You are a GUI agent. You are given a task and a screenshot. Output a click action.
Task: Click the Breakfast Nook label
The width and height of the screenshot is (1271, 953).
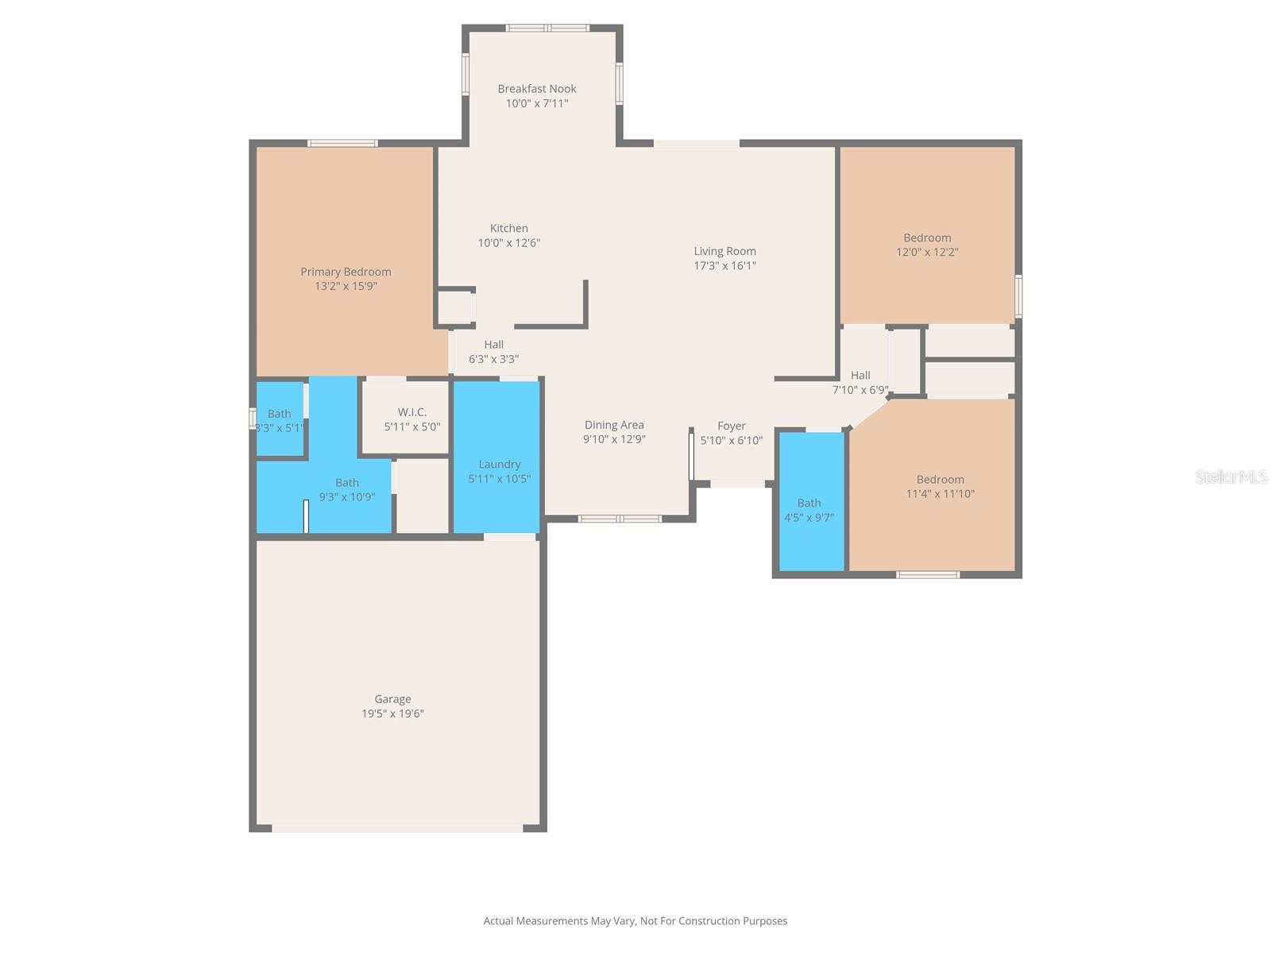tap(537, 89)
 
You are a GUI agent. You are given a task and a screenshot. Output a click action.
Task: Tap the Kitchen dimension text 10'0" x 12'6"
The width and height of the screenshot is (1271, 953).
tap(509, 243)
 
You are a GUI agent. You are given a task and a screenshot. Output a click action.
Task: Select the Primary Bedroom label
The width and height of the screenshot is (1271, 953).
tap(346, 272)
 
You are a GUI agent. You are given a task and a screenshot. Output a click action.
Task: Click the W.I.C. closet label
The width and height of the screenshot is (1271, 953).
tap(412, 412)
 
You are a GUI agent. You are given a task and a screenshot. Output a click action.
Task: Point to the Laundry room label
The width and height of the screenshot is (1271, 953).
tap(500, 465)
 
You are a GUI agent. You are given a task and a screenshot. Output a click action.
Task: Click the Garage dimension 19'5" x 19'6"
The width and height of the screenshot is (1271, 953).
tap(392, 714)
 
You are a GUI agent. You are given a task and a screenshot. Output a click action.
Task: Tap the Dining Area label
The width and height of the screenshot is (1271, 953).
tap(614, 425)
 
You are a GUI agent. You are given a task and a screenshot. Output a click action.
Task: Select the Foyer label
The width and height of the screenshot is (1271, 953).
tap(732, 426)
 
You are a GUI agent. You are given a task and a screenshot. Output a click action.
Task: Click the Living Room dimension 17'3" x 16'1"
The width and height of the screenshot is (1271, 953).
tap(724, 266)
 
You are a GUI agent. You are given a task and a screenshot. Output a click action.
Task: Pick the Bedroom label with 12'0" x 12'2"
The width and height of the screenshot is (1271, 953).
tap(927, 237)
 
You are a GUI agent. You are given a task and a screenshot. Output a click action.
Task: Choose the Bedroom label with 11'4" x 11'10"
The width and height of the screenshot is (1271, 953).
tap(941, 480)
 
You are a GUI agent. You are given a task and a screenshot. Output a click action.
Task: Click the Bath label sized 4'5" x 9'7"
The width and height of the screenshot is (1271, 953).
tap(809, 503)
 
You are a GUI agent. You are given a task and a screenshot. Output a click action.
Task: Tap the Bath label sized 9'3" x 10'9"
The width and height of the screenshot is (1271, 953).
tap(347, 483)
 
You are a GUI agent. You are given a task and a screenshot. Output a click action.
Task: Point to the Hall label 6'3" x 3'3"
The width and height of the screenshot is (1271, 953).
tap(494, 345)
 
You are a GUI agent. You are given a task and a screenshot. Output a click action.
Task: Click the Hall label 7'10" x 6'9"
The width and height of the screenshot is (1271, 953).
tap(860, 376)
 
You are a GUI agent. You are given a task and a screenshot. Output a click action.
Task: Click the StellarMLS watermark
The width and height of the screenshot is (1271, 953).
tap(1230, 477)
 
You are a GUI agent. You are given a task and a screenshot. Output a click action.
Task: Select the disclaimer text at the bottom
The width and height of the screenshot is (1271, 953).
tap(635, 921)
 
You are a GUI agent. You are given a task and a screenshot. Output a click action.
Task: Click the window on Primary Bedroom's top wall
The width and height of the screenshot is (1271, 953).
tap(343, 144)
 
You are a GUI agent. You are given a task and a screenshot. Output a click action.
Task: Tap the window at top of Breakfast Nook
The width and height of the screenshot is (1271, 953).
tap(548, 29)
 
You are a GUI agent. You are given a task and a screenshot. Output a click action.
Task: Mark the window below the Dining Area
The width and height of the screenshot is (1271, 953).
tap(620, 519)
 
